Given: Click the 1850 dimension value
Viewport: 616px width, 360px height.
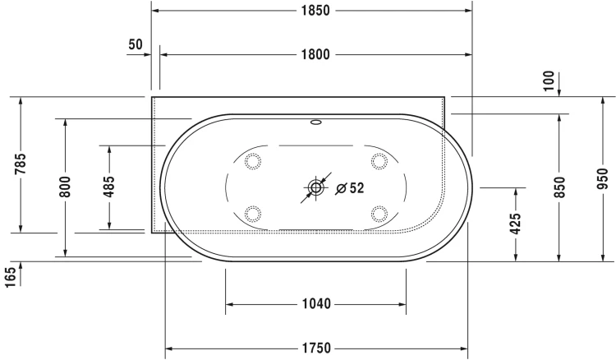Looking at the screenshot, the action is [x=315, y=11].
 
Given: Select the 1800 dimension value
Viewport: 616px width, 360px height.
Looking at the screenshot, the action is [x=315, y=54].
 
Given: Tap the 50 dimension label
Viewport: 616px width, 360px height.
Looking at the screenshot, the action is [x=136, y=44].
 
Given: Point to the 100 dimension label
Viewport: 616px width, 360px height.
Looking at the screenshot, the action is [x=549, y=81].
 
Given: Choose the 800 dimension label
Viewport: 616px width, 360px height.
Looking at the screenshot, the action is [x=65, y=187].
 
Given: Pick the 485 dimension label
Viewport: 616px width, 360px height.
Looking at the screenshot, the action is [x=108, y=187].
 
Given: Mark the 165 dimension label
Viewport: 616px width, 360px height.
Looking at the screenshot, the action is [x=10, y=277].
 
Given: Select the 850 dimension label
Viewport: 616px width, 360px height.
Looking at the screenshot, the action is [x=559, y=187].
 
